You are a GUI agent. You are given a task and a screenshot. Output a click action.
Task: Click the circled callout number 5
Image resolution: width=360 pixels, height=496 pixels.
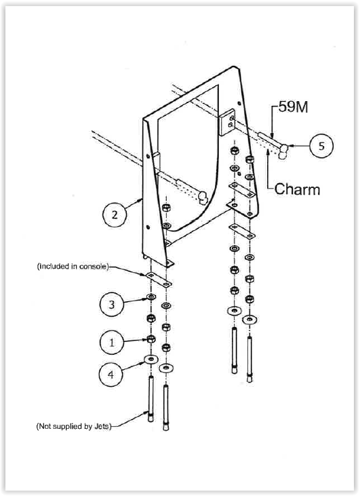coord(321,146)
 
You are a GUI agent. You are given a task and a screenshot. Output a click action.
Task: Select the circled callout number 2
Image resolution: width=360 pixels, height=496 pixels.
coord(115,215)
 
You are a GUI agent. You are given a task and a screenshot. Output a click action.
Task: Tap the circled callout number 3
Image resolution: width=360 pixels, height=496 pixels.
coord(112,304)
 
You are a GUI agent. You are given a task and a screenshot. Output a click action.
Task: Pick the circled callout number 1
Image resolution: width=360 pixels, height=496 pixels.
coord(112,342)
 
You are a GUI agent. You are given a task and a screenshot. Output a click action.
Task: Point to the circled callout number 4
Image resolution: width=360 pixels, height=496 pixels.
coord(111,375)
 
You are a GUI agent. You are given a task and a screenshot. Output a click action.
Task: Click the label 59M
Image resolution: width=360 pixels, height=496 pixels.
coord(293,107)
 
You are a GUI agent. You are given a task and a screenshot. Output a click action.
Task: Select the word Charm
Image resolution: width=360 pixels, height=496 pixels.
coord(297,189)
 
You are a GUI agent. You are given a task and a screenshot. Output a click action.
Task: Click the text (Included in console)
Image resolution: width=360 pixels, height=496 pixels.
coord(73,267)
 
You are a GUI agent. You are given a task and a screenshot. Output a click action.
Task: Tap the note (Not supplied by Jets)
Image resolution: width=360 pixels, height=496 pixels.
coord(74,426)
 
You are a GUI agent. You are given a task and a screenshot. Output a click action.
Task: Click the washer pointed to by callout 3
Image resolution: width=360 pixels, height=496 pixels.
coord(151,297)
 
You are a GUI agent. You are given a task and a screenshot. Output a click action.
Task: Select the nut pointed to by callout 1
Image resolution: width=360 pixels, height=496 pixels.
coord(151,339)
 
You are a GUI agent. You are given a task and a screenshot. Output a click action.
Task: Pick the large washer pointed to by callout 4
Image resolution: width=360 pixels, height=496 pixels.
coord(151,360)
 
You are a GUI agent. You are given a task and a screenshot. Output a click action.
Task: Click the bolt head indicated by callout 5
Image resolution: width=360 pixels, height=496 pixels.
coord(283,151)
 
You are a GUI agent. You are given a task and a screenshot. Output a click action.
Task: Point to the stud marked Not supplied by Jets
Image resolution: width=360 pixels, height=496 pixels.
coord(151,398)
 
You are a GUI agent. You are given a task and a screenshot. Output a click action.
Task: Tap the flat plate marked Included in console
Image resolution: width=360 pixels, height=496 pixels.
coord(159,280)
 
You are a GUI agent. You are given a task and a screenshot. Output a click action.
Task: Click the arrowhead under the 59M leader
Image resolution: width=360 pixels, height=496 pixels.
coord(272,136)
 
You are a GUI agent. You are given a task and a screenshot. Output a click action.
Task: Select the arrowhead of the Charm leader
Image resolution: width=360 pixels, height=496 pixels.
coord(268,152)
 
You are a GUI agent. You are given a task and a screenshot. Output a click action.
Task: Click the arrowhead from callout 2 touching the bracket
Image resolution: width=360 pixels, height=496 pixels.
coord(140,200)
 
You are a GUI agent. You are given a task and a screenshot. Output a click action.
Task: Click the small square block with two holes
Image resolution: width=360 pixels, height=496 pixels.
coord(227,121)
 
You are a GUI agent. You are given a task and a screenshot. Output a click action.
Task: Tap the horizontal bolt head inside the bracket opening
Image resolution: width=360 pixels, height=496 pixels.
coord(202,197)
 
